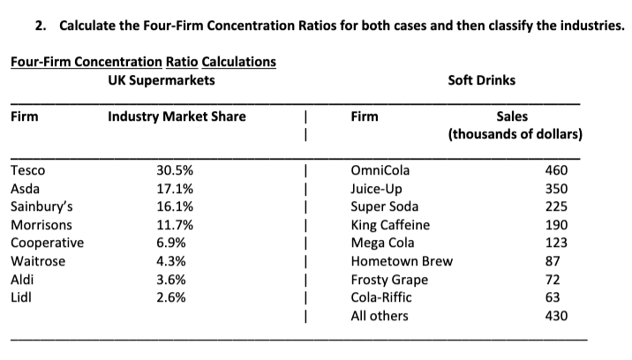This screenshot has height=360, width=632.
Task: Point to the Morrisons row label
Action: point(40,225)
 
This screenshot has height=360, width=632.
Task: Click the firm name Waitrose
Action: point(37,261)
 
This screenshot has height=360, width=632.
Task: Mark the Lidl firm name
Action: point(20,297)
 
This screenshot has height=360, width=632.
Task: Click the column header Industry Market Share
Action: point(177,116)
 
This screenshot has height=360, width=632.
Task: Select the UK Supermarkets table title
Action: point(161,80)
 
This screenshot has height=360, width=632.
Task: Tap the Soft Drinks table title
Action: point(482,80)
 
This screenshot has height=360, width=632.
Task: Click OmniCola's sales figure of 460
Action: point(556,170)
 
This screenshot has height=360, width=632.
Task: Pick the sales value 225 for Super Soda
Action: point(556,206)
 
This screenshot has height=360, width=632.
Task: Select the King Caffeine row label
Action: point(390,225)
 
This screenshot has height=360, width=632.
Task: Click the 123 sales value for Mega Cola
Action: point(556,243)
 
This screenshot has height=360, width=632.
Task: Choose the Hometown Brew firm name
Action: point(402,261)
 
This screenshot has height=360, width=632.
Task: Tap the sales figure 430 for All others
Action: point(556,316)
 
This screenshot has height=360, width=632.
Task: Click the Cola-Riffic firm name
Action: point(380,297)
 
